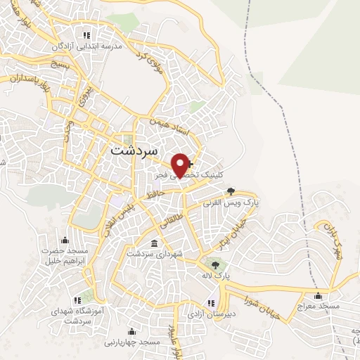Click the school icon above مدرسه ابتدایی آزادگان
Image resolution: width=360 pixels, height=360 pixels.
pyautogui.click(x=86, y=34)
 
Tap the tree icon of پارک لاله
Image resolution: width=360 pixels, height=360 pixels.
pyautogui.click(x=215, y=264)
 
